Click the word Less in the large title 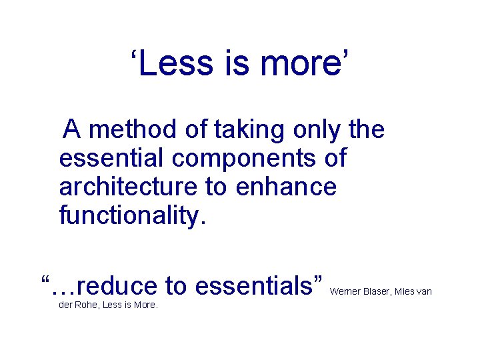[x=171, y=63]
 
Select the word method [x=135, y=129]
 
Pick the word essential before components [x=110, y=158]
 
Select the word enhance [x=287, y=187]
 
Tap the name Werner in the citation [x=345, y=291]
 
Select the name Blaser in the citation [x=377, y=291]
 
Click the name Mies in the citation [x=407, y=291]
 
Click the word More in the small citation [x=145, y=305]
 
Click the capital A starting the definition [x=73, y=129]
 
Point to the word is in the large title [x=230, y=63]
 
